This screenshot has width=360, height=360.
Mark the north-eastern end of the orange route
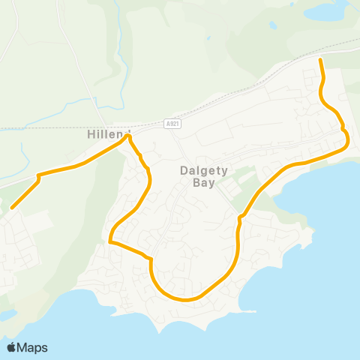pyautogui.click(x=321, y=59)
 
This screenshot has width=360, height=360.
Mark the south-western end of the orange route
pyautogui.click(x=12, y=208)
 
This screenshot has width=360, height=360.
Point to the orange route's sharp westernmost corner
pyautogui.click(x=110, y=241)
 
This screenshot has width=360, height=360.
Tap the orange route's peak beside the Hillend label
pyautogui.click(x=130, y=136)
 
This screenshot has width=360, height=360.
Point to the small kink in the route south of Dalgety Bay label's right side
pyautogui.click(x=239, y=219)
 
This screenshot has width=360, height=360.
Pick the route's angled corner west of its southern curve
pyautogui.click(x=151, y=259)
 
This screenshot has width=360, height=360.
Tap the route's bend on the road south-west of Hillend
pyautogui.click(x=38, y=177)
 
